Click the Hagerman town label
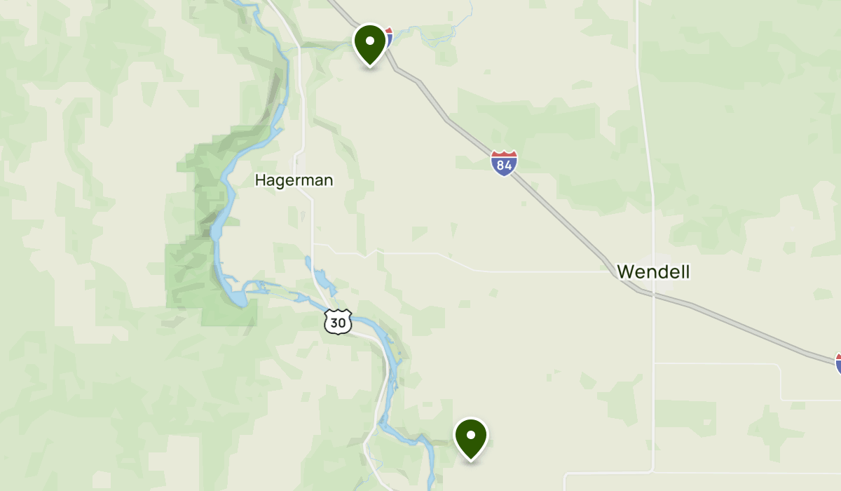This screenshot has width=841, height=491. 294,180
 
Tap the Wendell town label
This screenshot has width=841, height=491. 653,271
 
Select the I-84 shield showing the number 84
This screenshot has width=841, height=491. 504,163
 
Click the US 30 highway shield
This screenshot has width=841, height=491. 337,322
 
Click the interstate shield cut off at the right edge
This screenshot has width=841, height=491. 837,363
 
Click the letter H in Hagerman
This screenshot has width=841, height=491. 260,180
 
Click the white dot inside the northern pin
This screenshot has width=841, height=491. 370,41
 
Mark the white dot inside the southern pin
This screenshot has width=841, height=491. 471,435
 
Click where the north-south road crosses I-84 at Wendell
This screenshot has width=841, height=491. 652,294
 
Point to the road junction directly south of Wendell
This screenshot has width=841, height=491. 653,363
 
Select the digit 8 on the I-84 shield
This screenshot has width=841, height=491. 500,166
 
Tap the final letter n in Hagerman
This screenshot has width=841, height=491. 328,180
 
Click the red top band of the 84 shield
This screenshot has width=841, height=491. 504,154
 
